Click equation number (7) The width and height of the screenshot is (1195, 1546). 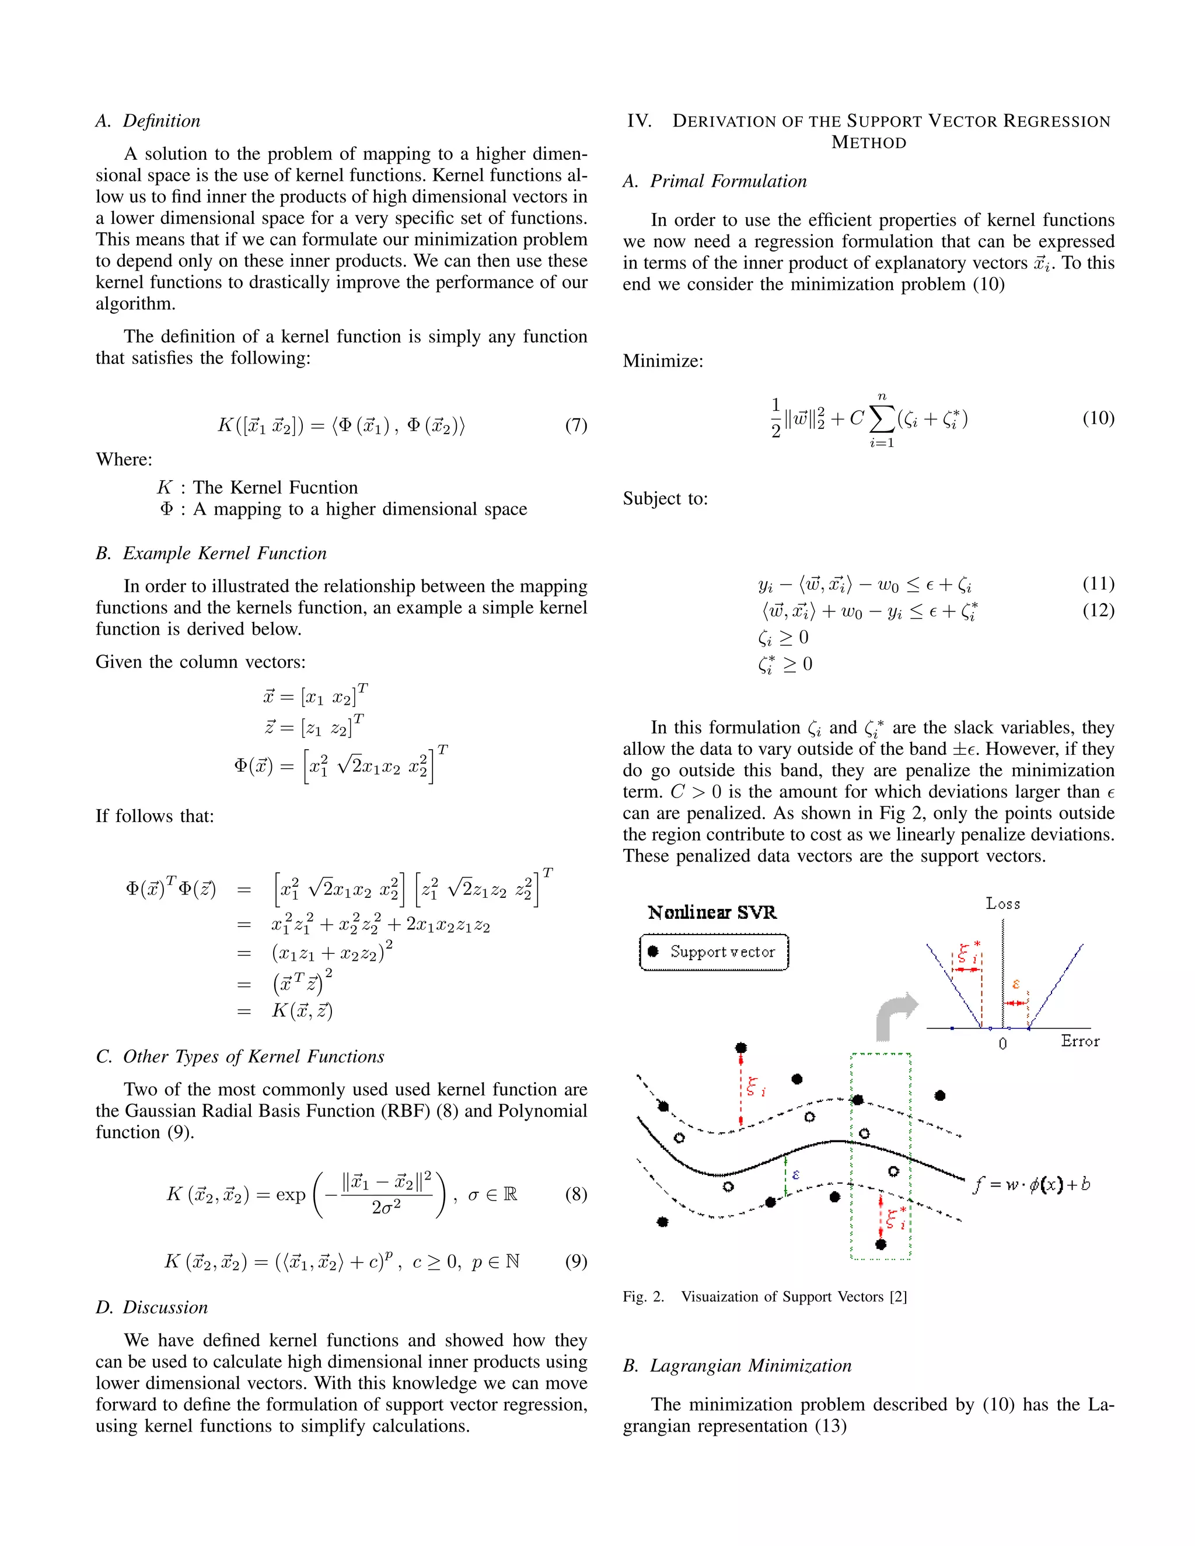click(575, 425)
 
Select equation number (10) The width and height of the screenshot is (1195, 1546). click(1098, 418)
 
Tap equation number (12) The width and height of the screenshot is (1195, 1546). click(1098, 610)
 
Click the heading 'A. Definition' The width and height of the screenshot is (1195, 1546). click(148, 121)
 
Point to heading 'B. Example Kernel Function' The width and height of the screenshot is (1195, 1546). click(211, 554)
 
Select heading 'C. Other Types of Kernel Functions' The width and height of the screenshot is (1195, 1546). click(240, 1057)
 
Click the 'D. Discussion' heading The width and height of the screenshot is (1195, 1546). click(152, 1307)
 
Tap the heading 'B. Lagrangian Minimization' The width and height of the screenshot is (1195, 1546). click(737, 1366)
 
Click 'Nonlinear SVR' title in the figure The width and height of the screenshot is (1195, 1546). click(712, 912)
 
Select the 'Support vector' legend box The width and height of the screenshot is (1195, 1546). click(714, 952)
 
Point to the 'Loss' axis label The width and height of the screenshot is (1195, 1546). click(1002, 904)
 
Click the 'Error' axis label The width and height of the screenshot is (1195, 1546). click(1079, 1041)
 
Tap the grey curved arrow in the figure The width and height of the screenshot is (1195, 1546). click(894, 1015)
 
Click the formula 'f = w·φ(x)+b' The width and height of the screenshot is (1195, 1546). click(1032, 1184)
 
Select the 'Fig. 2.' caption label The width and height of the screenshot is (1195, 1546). click(644, 1297)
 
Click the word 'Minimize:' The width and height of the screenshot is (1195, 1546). click(663, 362)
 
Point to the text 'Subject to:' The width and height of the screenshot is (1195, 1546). click(665, 499)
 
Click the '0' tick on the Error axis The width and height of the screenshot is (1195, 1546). click(1002, 1044)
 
